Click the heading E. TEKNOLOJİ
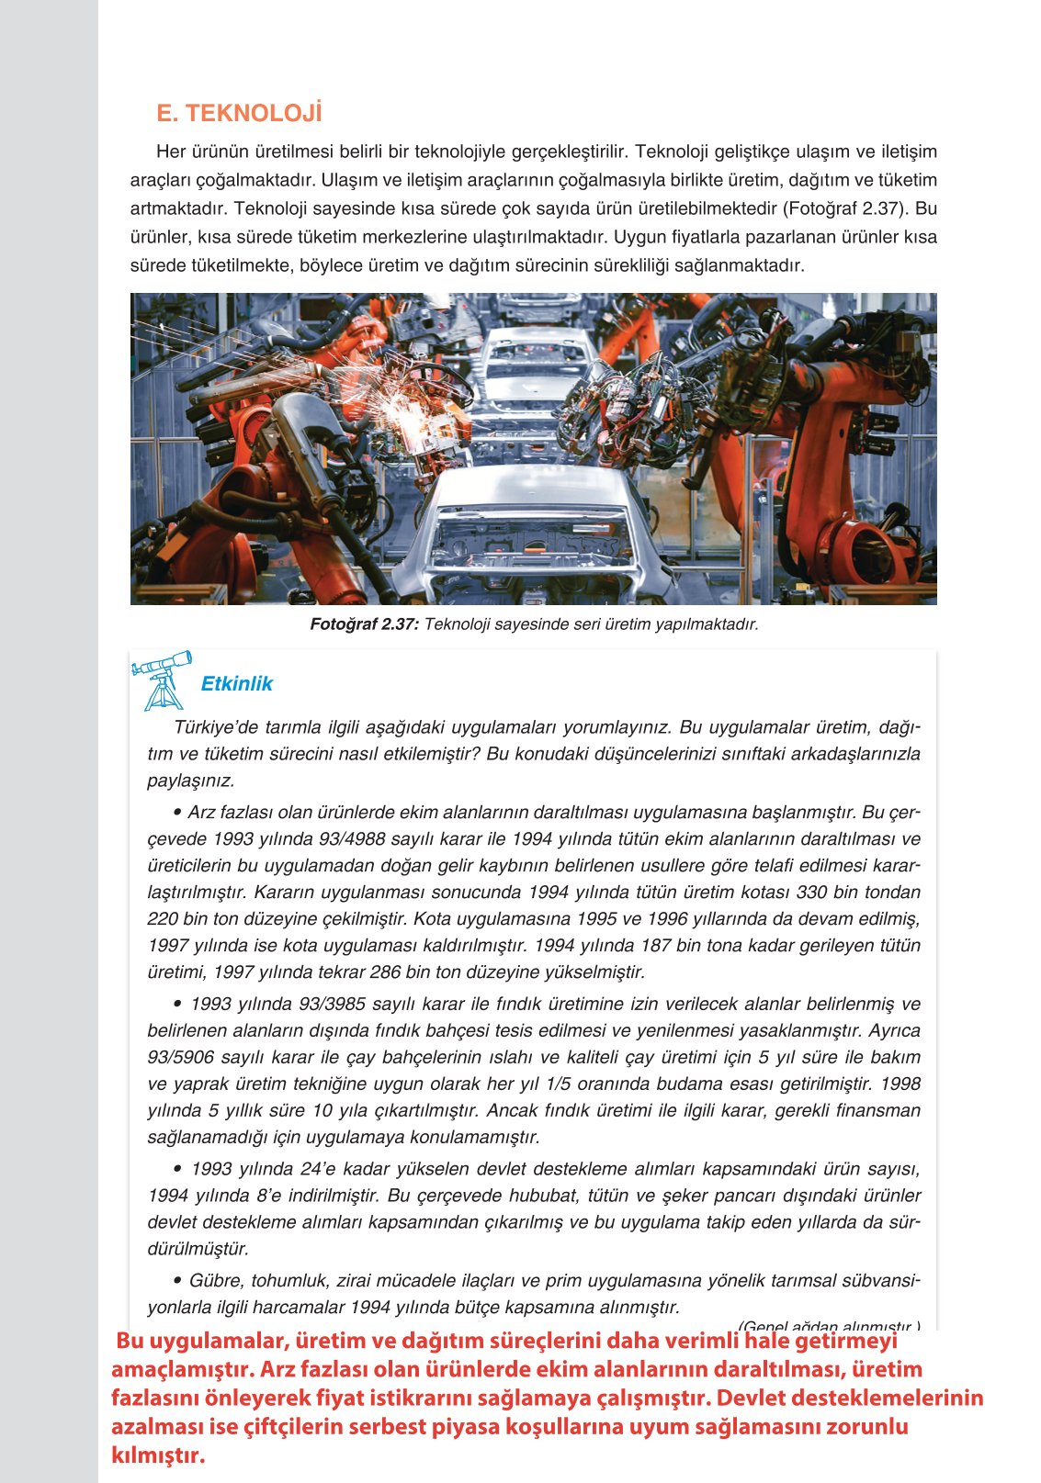[239, 114]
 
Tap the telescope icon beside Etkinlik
[164, 680]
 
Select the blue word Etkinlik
[236, 684]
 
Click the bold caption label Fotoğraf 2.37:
[364, 624]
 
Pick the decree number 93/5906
[180, 1058]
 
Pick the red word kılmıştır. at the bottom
[157, 1455]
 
